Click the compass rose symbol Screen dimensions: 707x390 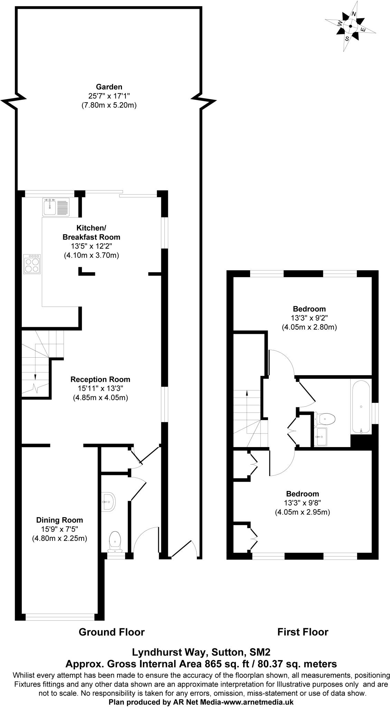(x=351, y=26)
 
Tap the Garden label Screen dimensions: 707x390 (x=109, y=87)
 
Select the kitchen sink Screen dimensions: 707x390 (x=56, y=207)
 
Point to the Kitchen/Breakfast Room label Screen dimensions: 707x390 (x=92, y=232)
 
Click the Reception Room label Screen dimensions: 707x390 (x=100, y=379)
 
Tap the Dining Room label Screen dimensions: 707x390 (x=60, y=520)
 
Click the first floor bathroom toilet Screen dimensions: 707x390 (x=325, y=419)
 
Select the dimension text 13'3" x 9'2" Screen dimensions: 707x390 (x=309, y=318)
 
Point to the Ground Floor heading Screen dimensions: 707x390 (x=112, y=632)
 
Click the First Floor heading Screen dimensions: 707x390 (x=303, y=632)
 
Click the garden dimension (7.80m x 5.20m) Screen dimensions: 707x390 (x=109, y=105)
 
